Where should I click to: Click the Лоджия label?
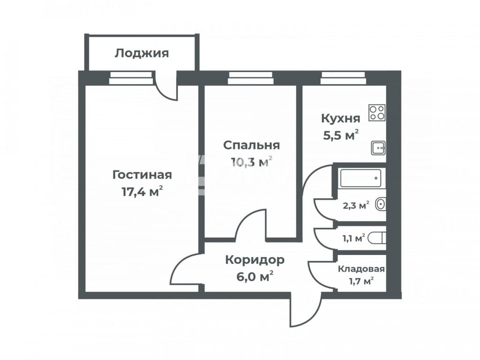coord(142,53)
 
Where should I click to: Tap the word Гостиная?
coord(142,175)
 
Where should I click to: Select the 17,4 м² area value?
coord(142,192)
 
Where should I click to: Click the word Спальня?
coord(251,145)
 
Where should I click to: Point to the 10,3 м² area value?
coord(251,162)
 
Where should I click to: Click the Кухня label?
coord(340,119)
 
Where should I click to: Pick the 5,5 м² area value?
coord(341,135)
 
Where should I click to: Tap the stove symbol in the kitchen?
coord(377,112)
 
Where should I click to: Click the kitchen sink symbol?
coord(378,148)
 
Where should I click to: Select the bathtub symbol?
coord(360,178)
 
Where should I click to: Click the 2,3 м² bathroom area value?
coord(356,205)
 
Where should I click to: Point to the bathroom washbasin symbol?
coord(381,204)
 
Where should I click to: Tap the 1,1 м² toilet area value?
coord(353,238)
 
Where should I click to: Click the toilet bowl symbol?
coord(376,238)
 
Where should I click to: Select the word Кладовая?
coord(361,269)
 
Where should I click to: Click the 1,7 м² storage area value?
coord(361,280)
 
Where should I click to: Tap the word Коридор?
coord(255,260)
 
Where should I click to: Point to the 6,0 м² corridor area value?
coord(255,277)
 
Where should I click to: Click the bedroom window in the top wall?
coord(251,78)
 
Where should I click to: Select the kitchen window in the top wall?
coord(343,78)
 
